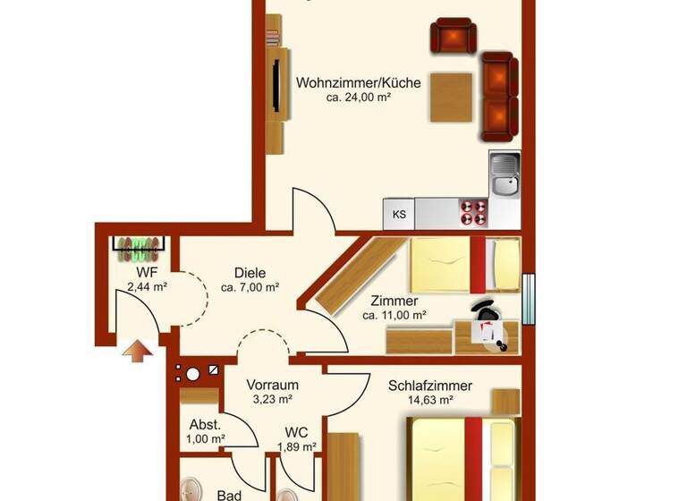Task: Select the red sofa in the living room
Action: pos(497,97)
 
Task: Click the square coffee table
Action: pos(451,97)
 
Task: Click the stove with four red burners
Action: pos(473,213)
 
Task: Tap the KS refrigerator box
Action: pos(399,214)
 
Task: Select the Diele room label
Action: pos(250,273)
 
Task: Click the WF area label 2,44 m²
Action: pos(148,286)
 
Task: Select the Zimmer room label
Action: pos(394,301)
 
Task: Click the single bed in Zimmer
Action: pos(465,264)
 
